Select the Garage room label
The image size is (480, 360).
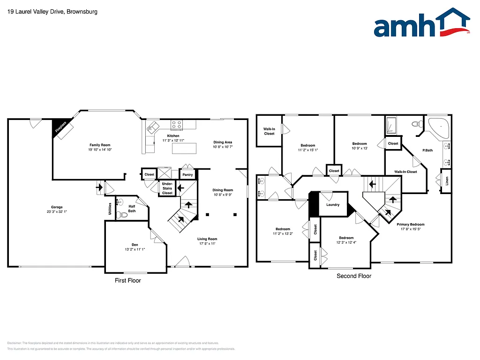[57, 207]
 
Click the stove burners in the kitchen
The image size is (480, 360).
[177, 125]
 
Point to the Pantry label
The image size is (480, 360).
[187, 175]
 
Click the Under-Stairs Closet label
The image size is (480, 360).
[167, 188]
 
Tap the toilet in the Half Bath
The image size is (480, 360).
[122, 216]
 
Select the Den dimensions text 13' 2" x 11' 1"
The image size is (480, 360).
[135, 249]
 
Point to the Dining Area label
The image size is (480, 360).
[223, 142]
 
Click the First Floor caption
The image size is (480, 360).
[127, 280]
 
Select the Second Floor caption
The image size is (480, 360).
[354, 276]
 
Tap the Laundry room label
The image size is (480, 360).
[333, 205]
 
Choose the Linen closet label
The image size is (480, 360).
[447, 180]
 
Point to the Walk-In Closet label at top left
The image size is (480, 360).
[269, 131]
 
